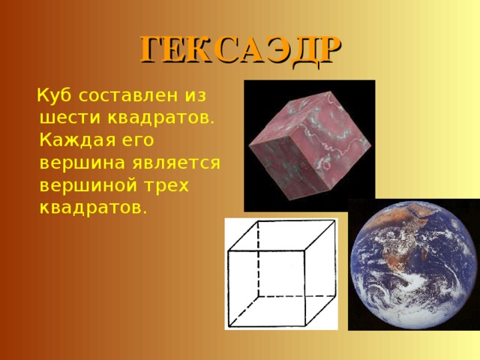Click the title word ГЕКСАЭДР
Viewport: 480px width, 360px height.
[240, 50]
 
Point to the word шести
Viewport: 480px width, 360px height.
[70, 118]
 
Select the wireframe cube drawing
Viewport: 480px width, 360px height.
[281, 274]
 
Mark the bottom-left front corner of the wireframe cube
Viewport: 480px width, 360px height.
[229, 325]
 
